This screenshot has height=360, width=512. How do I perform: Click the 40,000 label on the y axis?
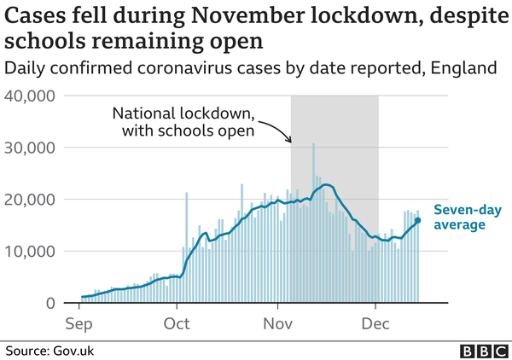click(30, 96)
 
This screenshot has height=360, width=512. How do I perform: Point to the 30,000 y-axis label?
click(30, 148)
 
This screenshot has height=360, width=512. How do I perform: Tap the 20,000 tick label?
click(30, 200)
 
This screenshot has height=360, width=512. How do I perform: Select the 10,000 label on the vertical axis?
click(30, 252)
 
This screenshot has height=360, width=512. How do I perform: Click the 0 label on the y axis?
click(50, 303)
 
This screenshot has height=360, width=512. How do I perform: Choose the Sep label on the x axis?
click(79, 324)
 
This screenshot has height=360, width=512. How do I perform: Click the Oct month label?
click(177, 323)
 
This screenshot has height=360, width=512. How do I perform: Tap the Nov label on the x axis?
click(278, 323)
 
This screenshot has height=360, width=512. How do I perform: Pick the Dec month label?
click(375, 323)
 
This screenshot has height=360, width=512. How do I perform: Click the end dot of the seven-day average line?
click(417, 221)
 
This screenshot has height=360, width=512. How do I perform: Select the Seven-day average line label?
click(468, 218)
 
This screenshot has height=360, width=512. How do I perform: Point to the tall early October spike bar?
click(186, 247)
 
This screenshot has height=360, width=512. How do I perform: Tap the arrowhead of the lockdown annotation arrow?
click(289, 141)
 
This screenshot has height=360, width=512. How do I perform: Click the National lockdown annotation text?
click(183, 122)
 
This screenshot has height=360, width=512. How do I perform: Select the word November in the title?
click(247, 15)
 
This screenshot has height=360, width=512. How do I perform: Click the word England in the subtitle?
click(463, 68)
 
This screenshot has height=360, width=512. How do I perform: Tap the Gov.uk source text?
click(73, 351)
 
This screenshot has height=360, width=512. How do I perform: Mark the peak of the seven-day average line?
click(327, 185)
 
